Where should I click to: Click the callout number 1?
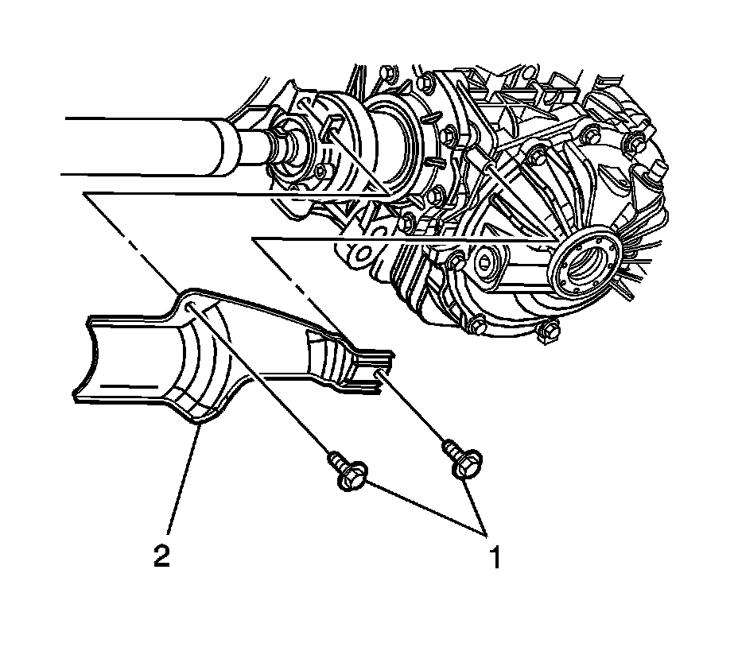point(495,558)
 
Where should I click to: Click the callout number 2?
point(161,556)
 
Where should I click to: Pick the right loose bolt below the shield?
point(461,459)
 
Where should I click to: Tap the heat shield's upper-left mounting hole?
point(191,308)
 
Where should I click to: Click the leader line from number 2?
point(184,479)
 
